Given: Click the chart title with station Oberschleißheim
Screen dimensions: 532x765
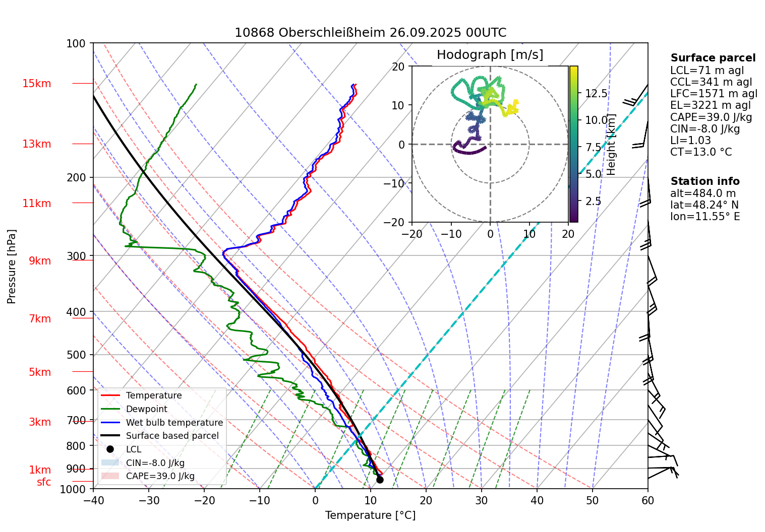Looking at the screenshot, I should tap(370, 33).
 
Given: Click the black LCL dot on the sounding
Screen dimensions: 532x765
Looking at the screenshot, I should tap(380, 480).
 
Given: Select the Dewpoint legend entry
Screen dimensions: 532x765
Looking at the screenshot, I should tap(146, 409).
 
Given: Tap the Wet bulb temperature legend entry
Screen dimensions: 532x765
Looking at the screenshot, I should tap(174, 423).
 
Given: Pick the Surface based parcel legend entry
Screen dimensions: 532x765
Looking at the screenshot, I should tap(172, 436).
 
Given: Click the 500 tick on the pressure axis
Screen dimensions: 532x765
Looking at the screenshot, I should tap(76, 355).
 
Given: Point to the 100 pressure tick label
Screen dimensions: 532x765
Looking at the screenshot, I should tap(76, 44).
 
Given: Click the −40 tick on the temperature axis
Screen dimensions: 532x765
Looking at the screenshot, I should tap(93, 500).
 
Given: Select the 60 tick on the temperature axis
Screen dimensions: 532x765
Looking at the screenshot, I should tap(648, 500).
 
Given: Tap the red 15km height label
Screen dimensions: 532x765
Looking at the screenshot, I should tap(37, 84).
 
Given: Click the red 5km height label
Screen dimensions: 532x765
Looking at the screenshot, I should tap(40, 372).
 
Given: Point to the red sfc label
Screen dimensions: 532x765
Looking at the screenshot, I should tap(44, 482).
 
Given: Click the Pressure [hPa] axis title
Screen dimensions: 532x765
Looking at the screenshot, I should tap(12, 267).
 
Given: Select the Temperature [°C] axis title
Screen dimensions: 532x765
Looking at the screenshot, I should tap(370, 515).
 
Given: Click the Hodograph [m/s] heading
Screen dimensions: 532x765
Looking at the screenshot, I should tap(490, 55).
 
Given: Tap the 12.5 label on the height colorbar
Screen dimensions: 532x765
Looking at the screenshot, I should tap(597, 93).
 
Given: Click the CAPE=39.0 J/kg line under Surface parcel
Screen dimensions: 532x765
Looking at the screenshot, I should tap(711, 117).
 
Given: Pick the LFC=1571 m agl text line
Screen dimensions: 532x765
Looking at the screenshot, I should tap(714, 94).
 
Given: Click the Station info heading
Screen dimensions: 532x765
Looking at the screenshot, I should tap(705, 181).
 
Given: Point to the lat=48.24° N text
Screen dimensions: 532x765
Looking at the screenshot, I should tap(704, 205).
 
